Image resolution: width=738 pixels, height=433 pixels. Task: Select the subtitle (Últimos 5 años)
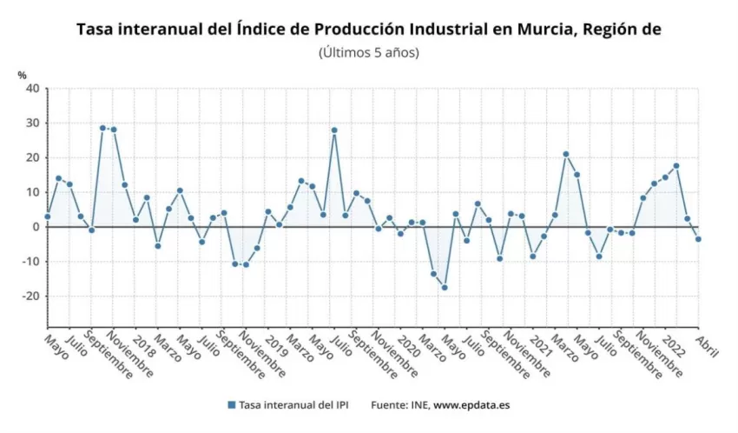point(369,52)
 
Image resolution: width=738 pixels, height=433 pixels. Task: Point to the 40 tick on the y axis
point(32,89)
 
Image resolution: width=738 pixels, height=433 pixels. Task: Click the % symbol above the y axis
point(23,75)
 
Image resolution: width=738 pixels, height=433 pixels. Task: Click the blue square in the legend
point(231,405)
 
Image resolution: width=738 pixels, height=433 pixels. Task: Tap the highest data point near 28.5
point(102,128)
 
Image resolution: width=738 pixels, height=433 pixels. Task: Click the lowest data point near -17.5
point(445,287)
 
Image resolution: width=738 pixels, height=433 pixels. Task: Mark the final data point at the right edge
point(698,239)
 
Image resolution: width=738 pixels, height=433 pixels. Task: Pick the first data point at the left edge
point(48,216)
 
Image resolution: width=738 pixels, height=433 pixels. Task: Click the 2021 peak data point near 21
point(565,154)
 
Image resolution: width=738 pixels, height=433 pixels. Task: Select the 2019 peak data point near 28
point(334,130)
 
